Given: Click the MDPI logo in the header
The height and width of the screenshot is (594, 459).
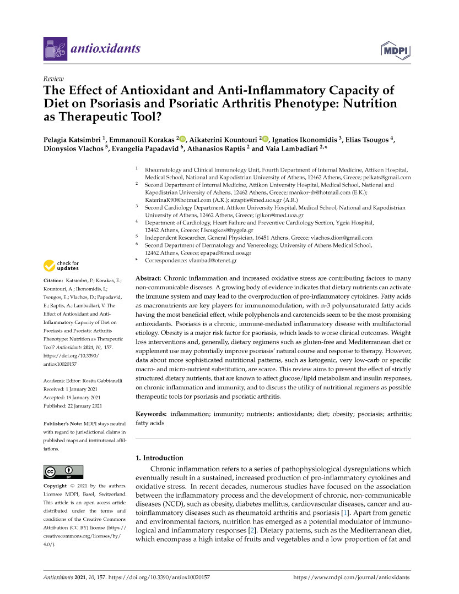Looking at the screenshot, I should [x=396, y=50].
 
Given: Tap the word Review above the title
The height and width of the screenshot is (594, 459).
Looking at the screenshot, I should [x=53, y=79].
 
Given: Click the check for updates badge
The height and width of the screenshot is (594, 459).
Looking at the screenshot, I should [x=62, y=266].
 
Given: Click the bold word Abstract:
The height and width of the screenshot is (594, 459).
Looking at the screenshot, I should [x=148, y=279].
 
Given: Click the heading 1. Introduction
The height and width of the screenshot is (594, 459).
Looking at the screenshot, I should [x=159, y=458].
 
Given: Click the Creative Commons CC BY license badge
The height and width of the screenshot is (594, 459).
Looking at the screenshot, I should [x=63, y=472].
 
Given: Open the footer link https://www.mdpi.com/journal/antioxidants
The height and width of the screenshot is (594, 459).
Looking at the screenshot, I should [x=352, y=578].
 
